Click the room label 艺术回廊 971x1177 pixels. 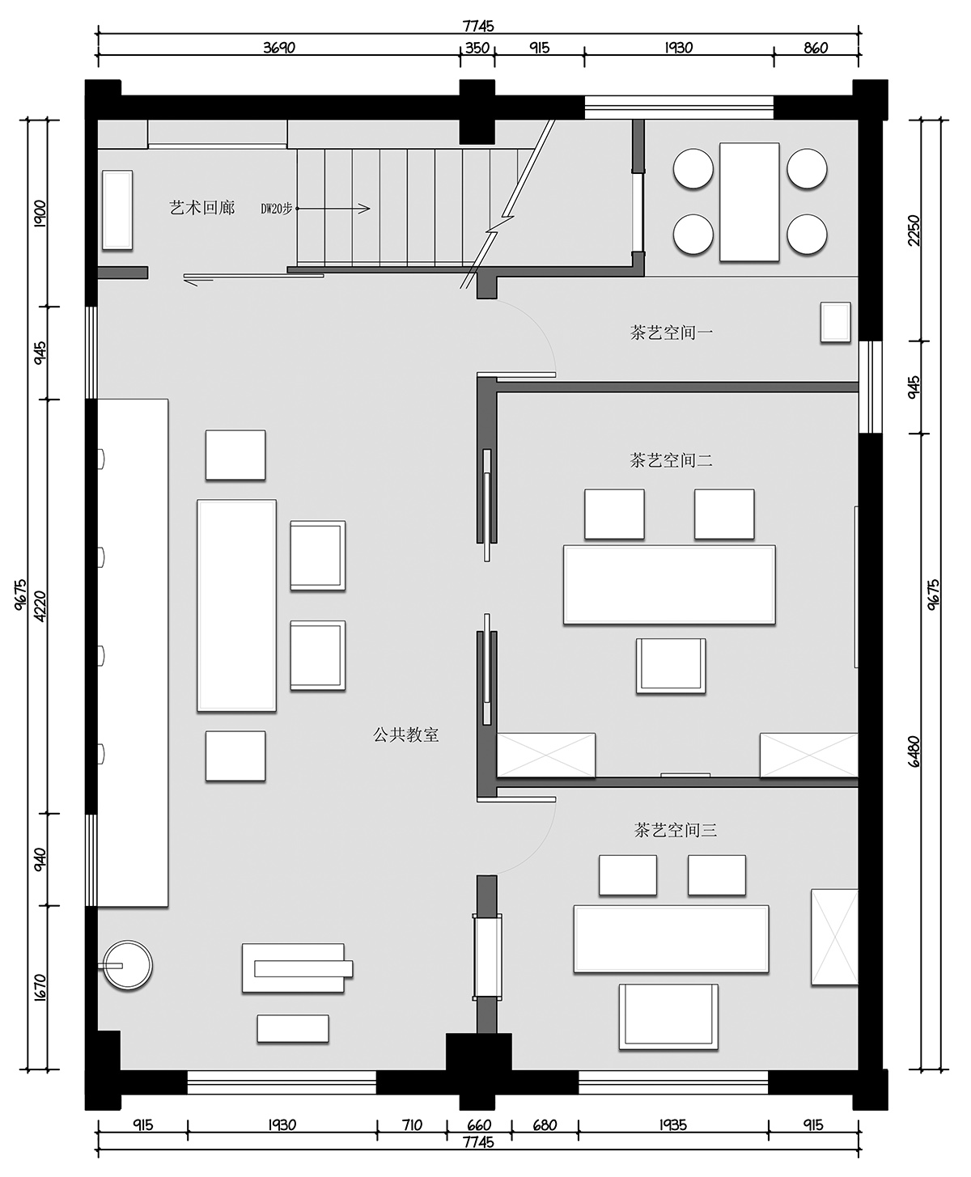(202, 208)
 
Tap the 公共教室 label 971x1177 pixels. (406, 735)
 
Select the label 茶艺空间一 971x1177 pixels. (672, 332)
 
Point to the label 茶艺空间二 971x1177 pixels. (672, 460)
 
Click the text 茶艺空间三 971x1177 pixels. (676, 830)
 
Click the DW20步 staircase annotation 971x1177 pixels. (276, 209)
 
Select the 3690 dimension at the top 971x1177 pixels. (279, 48)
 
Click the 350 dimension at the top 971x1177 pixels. (477, 48)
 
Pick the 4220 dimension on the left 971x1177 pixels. (40, 605)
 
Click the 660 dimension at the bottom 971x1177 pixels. (479, 1125)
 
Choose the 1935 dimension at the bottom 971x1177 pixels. (673, 1125)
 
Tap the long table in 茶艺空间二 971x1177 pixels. (669, 584)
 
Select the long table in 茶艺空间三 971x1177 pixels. (671, 938)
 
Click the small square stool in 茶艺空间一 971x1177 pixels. (835, 322)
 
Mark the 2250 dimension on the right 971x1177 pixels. (914, 230)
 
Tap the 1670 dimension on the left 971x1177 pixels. (40, 985)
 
